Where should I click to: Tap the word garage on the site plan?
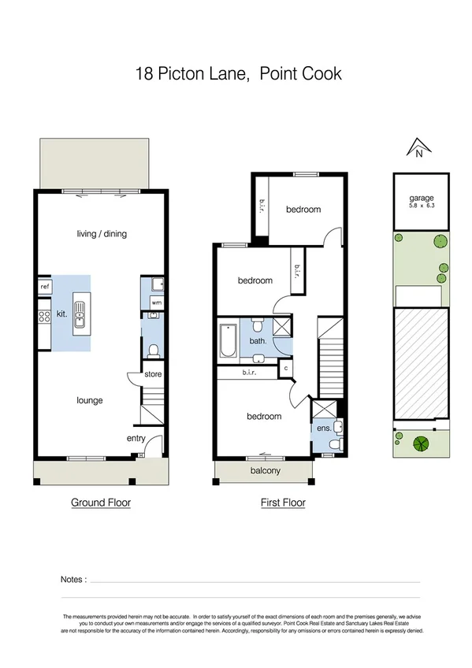(x=421, y=199)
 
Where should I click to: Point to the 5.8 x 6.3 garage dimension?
(x=421, y=206)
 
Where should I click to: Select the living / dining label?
(x=102, y=233)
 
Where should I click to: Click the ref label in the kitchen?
(x=44, y=288)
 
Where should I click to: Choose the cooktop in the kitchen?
(x=44, y=317)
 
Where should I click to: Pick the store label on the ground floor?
(x=153, y=375)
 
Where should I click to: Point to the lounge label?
(x=90, y=400)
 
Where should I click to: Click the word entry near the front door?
(x=136, y=439)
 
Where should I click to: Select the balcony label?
(x=266, y=471)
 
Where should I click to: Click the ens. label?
(x=323, y=429)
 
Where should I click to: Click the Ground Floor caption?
(x=101, y=503)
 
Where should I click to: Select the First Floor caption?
(x=283, y=503)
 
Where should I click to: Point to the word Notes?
(x=73, y=580)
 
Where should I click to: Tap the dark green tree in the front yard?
(x=419, y=443)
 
